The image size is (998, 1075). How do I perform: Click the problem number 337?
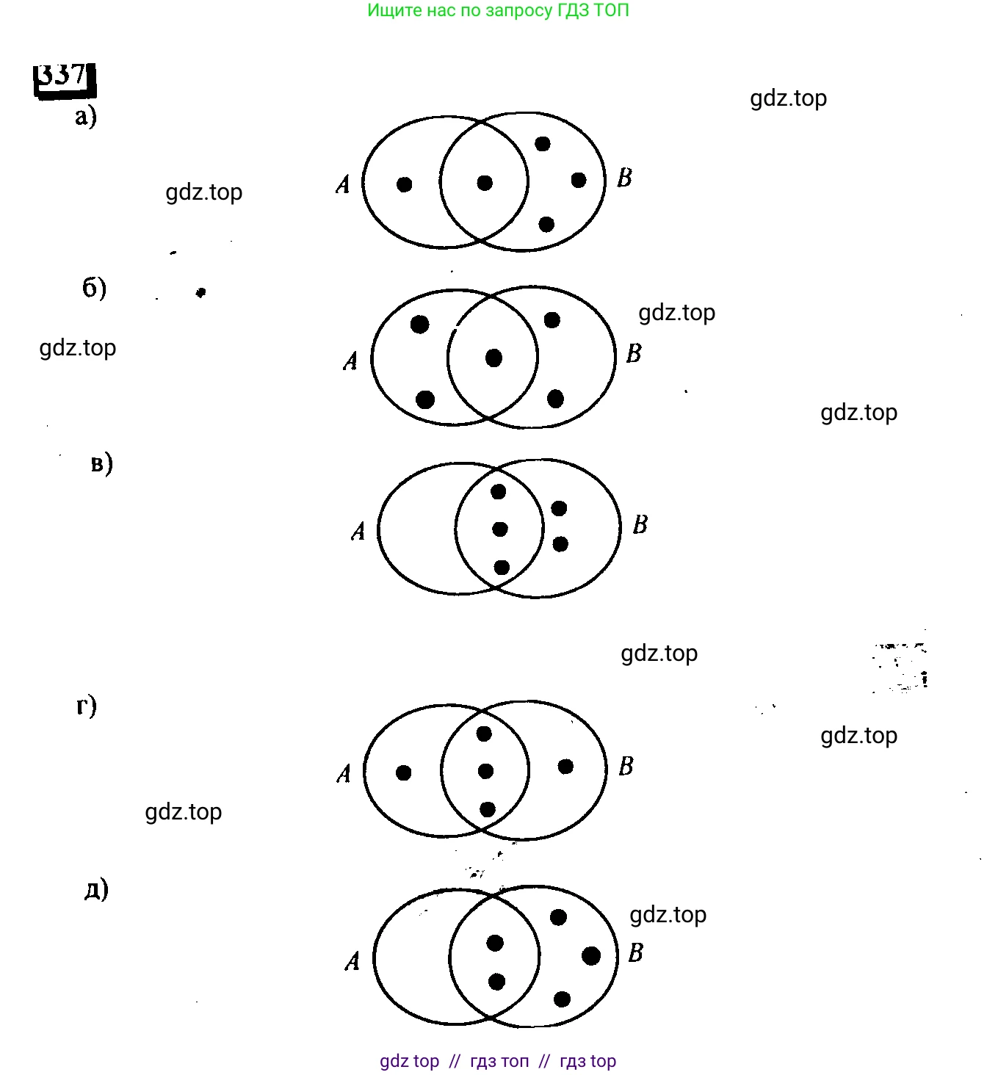click(x=63, y=76)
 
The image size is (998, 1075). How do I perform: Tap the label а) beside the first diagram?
click(x=86, y=117)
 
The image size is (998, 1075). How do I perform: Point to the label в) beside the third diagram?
click(x=102, y=463)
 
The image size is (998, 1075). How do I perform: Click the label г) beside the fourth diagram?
click(x=87, y=706)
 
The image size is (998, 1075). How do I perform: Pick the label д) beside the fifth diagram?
click(x=96, y=889)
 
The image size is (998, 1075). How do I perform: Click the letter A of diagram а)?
click(x=343, y=184)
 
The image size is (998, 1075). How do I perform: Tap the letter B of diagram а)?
click(x=624, y=178)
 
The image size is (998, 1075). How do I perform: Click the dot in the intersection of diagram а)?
click(x=485, y=183)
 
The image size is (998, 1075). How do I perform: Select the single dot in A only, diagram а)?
click(x=404, y=184)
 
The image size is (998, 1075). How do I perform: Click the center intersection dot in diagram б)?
click(x=493, y=358)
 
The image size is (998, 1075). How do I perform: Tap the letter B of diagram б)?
click(x=634, y=354)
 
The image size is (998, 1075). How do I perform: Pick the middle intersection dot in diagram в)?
click(x=500, y=529)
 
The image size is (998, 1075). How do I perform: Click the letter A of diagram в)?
click(x=358, y=531)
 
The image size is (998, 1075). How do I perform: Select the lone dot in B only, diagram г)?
click(x=565, y=767)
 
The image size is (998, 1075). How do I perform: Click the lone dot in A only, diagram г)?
click(x=403, y=772)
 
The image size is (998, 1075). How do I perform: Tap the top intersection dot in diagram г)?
click(x=483, y=733)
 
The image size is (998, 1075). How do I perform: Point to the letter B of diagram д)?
click(x=635, y=953)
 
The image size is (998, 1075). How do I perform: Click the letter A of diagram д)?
click(x=352, y=961)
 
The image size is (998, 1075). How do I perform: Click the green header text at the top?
click(x=498, y=10)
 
